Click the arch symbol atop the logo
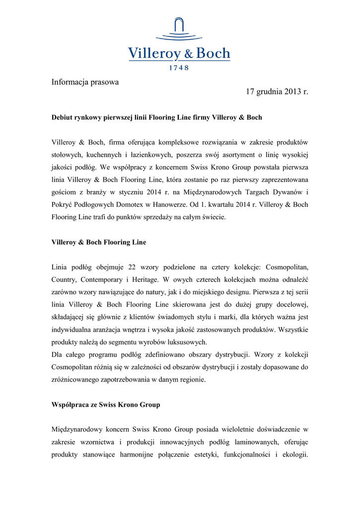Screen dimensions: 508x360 point(179,26)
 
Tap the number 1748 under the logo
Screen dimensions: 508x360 point(179,68)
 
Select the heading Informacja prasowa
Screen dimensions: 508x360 point(85,82)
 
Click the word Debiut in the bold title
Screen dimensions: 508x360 point(63,118)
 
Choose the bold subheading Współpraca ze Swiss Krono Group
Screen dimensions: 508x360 point(106,405)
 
